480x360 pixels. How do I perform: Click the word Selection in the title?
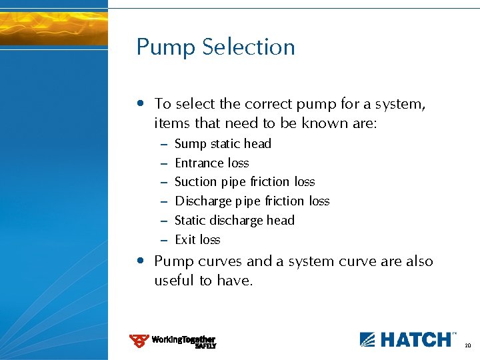pos(249,47)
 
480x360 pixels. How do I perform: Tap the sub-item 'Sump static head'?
pos(223,144)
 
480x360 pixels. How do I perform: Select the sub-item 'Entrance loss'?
pos(211,163)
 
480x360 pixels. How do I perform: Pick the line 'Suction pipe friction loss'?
pos(245,182)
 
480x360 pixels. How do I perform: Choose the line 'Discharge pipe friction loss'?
pos(252,201)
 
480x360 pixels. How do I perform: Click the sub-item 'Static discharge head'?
pos(234,221)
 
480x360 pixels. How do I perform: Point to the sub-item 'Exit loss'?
pos(197,240)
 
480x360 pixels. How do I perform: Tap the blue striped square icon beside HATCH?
pos(368,339)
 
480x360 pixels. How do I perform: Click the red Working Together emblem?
pos(139,341)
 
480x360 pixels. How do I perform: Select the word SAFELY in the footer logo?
pos(205,346)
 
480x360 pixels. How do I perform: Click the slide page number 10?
pos(467,345)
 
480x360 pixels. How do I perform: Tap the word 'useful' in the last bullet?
pos(175,281)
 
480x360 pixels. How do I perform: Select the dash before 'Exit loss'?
pos(164,240)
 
